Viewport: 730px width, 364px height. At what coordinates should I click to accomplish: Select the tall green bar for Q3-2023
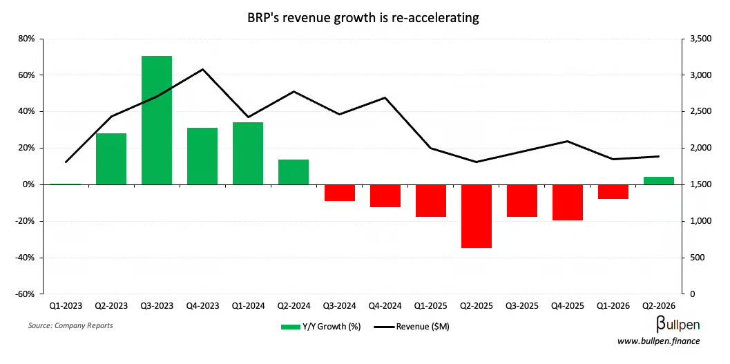tap(157, 120)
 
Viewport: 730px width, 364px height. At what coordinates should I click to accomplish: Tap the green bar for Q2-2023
tap(111, 159)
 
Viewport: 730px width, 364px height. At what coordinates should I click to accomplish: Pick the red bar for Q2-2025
tap(477, 215)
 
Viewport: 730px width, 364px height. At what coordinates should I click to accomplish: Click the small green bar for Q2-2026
tap(659, 181)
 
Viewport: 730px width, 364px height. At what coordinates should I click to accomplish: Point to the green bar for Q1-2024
tap(248, 153)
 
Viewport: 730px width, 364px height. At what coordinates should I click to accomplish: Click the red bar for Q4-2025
tap(568, 202)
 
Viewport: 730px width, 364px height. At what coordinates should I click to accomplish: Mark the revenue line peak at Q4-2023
tap(202, 69)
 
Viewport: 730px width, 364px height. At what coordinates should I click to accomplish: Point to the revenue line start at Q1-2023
tap(66, 162)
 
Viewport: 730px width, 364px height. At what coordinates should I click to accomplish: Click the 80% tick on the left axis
tap(26, 39)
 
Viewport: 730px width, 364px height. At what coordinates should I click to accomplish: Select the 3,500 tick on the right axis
tap(700, 39)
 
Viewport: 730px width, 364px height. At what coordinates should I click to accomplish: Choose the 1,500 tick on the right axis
tap(700, 184)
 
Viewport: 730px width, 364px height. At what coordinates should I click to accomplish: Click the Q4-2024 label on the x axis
tap(385, 305)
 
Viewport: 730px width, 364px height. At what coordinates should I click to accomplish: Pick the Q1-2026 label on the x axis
tap(613, 305)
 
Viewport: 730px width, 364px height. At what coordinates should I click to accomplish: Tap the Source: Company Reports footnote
tap(70, 325)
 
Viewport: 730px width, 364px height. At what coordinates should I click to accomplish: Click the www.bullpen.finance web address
tap(659, 341)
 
